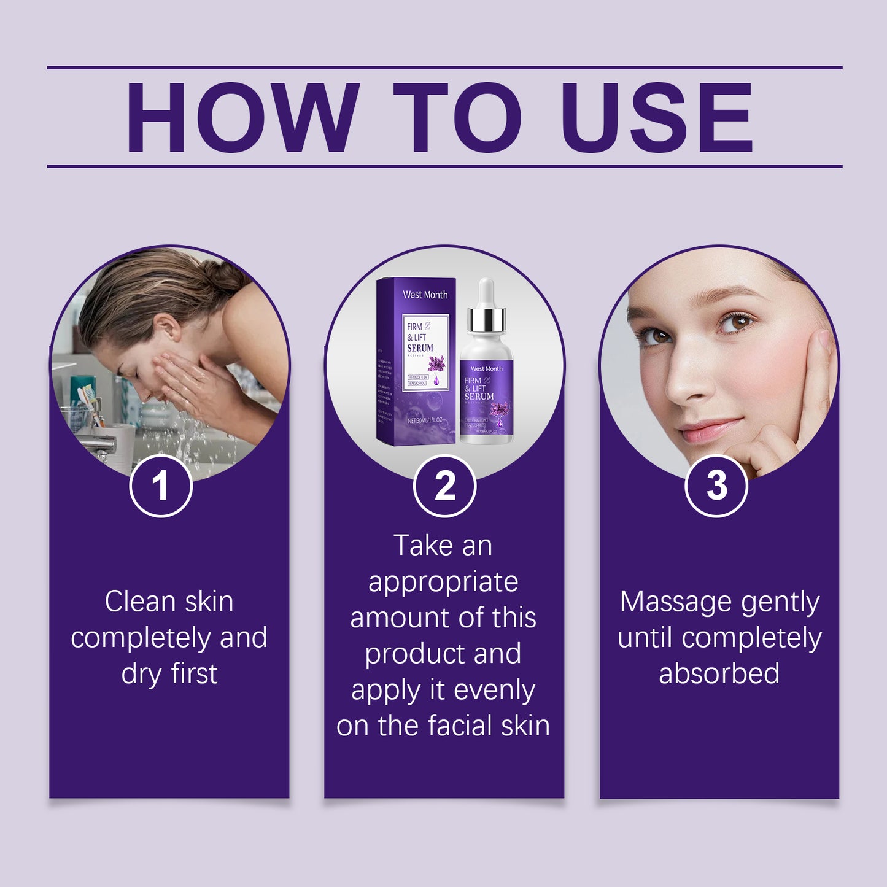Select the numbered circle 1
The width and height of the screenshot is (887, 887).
point(161,486)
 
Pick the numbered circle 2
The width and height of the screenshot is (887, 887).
point(444,486)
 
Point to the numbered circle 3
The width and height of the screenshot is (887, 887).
point(716,486)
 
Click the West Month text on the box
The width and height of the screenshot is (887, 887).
point(425,295)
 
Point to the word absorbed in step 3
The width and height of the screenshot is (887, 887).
point(719,673)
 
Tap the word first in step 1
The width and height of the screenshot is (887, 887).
point(195,673)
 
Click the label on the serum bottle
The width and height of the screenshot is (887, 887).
point(487,399)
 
